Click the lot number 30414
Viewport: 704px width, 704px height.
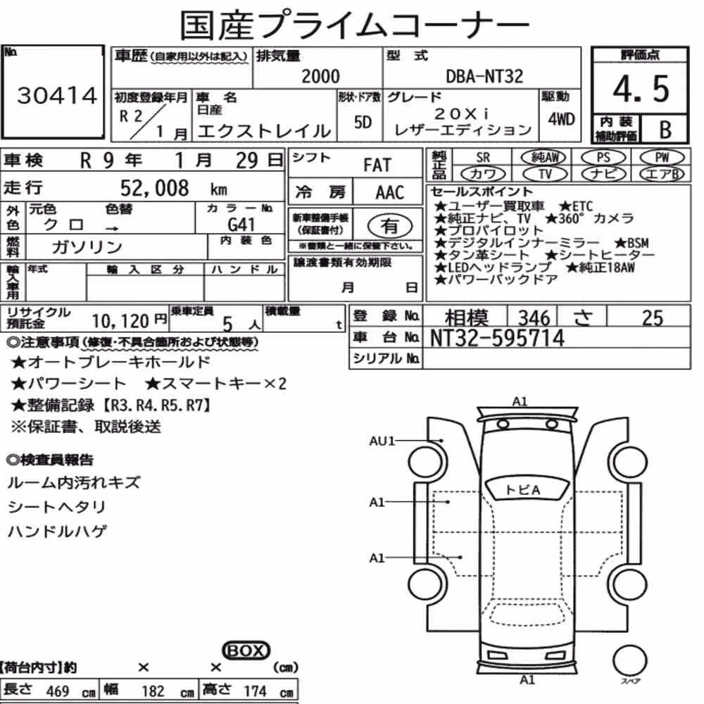(57, 95)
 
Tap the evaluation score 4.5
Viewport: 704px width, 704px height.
(641, 89)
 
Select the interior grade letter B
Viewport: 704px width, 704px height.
(665, 130)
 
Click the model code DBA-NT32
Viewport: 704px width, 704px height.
(484, 76)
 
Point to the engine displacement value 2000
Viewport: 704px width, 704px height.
(320, 76)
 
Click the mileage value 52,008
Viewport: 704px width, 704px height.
(154, 188)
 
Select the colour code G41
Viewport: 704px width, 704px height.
(241, 224)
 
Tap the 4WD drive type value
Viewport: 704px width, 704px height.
(561, 120)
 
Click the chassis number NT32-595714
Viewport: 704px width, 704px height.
(497, 338)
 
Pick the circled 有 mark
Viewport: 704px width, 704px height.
(389, 226)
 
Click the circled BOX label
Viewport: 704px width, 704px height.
(246, 650)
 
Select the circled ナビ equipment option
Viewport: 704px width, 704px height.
(603, 174)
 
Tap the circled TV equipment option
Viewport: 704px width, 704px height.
(545, 174)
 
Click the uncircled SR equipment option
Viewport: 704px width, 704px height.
(483, 158)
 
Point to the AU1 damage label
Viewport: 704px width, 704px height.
(382, 441)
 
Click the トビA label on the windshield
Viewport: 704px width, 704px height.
(522, 490)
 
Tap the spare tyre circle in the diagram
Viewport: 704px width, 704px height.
(629, 661)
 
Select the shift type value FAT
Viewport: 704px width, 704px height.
(377, 165)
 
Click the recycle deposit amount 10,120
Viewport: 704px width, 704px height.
(120, 321)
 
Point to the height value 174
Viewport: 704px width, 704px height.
(255, 691)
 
